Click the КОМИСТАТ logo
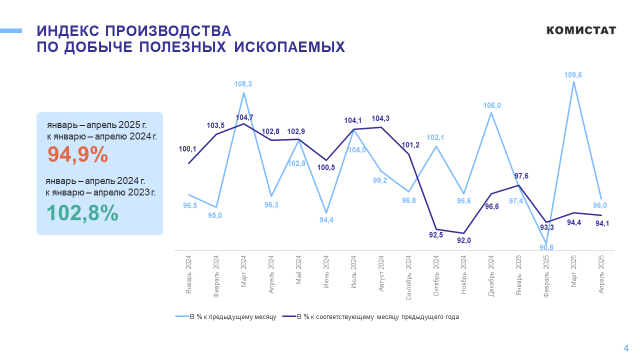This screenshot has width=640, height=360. (581, 30)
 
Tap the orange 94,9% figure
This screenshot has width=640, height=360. (77, 155)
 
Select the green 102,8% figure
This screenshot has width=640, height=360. (82, 213)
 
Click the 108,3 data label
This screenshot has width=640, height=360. (243, 84)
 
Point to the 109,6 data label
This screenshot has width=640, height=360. (573, 75)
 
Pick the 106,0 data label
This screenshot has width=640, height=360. (491, 105)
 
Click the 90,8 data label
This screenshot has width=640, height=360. (546, 247)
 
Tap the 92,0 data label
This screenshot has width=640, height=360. (464, 240)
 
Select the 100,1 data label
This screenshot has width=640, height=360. (188, 148)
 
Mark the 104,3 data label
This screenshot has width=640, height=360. (381, 118)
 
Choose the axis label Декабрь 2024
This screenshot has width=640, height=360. (491, 276)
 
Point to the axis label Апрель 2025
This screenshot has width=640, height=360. (601, 274)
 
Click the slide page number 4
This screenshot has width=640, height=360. (625, 348)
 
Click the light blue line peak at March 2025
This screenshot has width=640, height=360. (573, 82)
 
